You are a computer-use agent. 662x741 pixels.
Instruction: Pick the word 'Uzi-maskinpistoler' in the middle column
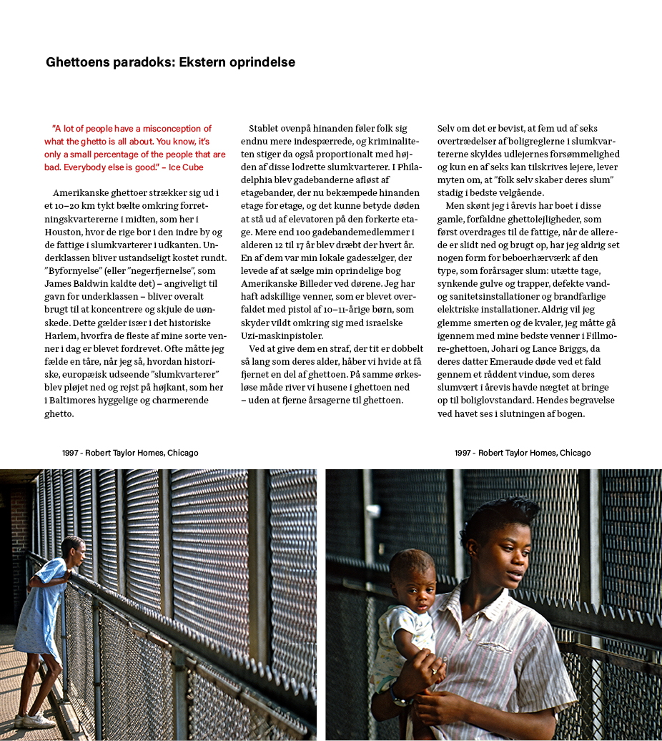point(282,335)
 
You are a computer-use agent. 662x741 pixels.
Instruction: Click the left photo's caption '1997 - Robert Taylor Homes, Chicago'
point(130,453)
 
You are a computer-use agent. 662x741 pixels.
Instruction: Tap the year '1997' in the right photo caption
point(464,453)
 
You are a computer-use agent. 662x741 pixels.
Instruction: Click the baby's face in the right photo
point(415,582)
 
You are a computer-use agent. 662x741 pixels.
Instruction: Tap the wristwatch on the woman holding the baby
point(397,695)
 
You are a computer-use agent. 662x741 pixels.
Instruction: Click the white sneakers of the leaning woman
point(34,720)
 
